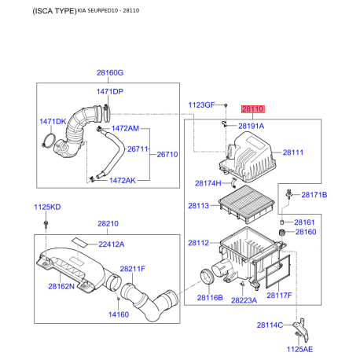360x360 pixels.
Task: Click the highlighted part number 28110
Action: click(253, 108)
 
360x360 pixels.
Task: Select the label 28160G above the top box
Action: click(110, 72)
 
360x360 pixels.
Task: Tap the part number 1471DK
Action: click(53, 122)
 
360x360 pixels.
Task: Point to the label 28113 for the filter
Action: click(198, 206)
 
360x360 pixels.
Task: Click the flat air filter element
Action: click(246, 204)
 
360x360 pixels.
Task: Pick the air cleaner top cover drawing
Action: click(248, 156)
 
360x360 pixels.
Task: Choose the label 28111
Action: click(293, 152)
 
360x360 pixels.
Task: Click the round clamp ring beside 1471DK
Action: click(49, 141)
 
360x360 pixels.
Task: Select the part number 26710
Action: click(167, 154)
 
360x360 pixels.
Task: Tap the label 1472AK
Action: click(123, 180)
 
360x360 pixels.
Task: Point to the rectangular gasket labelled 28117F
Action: click(277, 271)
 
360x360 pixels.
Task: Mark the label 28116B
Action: click(210, 298)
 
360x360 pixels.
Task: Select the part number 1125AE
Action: click(299, 349)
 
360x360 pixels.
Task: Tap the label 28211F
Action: click(132, 269)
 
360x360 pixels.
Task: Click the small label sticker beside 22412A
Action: click(80, 242)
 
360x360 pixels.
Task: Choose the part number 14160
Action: click(119, 314)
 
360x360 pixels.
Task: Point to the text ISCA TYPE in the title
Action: click(54, 11)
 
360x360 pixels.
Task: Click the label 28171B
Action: click(314, 195)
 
